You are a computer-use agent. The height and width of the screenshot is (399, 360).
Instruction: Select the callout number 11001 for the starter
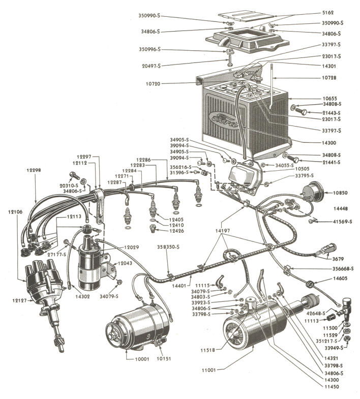point(208,370)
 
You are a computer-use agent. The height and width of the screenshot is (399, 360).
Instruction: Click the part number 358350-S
point(167,247)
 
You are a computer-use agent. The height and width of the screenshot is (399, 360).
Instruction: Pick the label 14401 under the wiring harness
point(194,279)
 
